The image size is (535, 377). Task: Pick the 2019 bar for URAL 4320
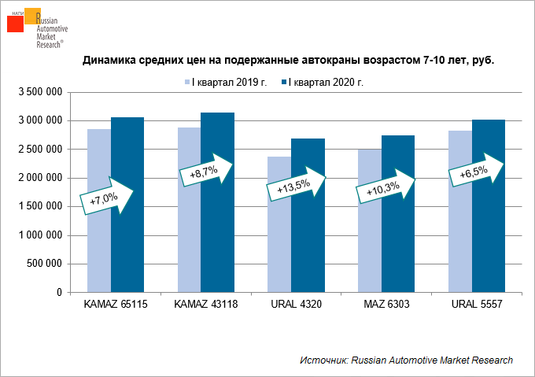[279, 252]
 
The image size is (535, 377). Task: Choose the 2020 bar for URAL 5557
[488, 236]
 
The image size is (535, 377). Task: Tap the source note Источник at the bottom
[406, 360]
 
